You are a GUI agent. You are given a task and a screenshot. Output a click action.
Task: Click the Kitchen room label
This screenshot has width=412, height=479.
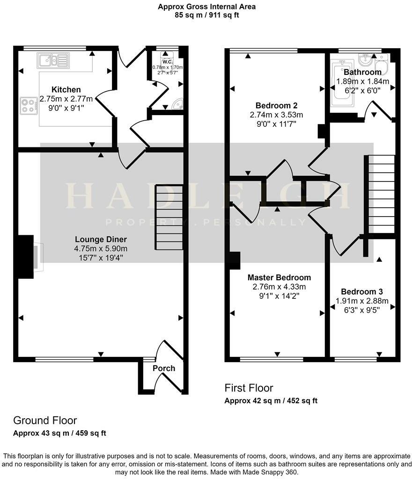point(66,89)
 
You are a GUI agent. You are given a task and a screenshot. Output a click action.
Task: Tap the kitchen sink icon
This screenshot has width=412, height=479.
point(54,59)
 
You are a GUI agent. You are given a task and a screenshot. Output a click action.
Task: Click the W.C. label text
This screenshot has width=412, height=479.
point(167,62)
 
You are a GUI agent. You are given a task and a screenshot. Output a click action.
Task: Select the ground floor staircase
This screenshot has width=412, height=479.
point(169,217)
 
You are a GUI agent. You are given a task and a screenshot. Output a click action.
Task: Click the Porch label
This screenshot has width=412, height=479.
point(164,368)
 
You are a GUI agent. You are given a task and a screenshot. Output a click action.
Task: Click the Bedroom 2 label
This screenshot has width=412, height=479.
point(276,105)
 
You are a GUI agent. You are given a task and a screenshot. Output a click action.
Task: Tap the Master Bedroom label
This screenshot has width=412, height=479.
point(279,277)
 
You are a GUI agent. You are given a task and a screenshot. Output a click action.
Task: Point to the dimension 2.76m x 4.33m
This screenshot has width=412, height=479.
point(279,286)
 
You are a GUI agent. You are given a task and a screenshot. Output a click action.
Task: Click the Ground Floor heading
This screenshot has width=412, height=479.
point(45,420)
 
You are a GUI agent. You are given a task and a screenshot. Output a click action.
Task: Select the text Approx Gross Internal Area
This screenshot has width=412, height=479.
point(206,7)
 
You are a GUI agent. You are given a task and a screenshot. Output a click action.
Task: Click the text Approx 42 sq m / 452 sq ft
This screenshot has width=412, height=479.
point(271,400)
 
